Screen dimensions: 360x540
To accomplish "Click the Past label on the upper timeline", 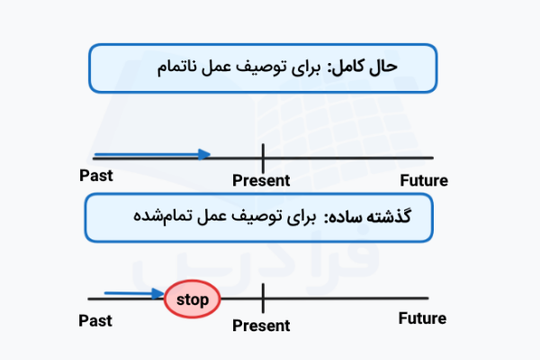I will click(x=96, y=175).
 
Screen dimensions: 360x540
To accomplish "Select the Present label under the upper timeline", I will click(x=261, y=180).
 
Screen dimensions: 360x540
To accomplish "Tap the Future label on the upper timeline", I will click(x=422, y=180).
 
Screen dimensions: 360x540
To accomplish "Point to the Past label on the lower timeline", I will click(x=95, y=319).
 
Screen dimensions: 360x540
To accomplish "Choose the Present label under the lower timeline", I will click(x=261, y=326).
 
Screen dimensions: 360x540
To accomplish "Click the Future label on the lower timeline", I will click(x=421, y=319).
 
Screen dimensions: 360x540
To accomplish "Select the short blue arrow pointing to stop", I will click(x=134, y=292).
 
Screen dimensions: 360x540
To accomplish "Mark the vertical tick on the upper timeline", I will click(x=263, y=157).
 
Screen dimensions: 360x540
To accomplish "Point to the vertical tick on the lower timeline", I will click(x=263, y=298).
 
